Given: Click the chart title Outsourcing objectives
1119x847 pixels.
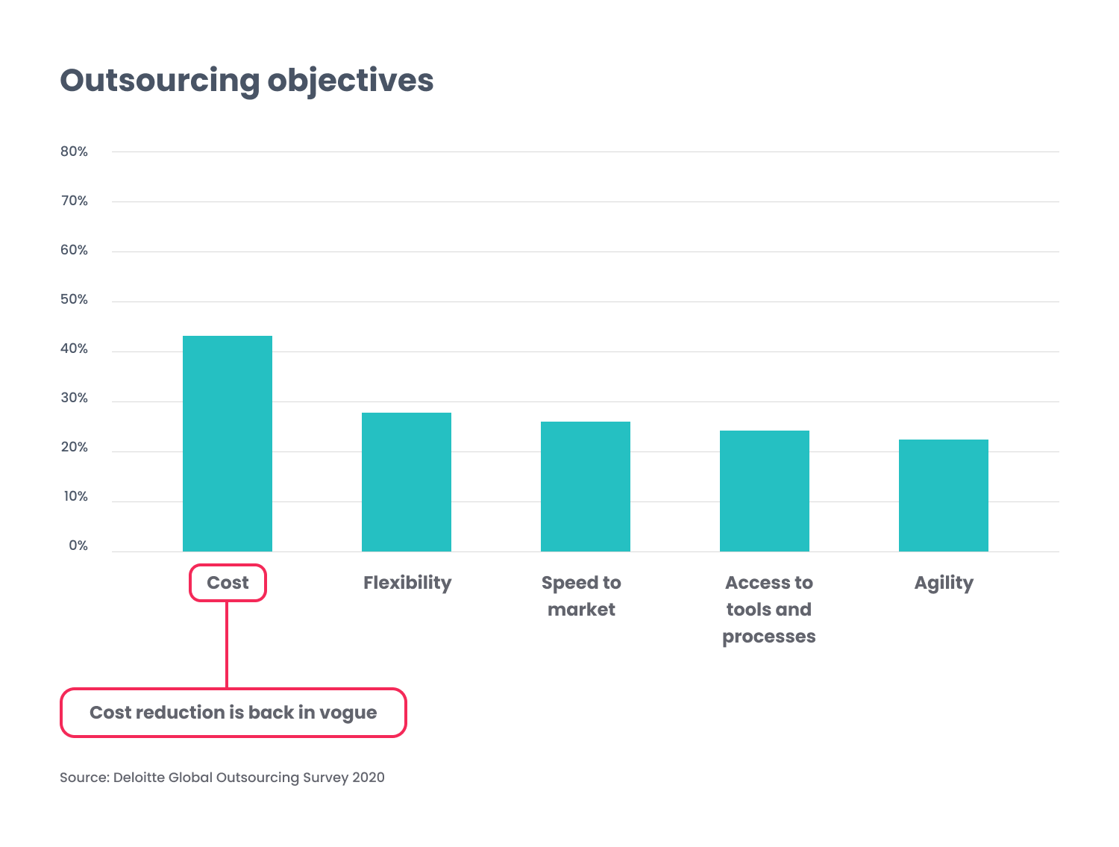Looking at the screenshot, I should [246, 81].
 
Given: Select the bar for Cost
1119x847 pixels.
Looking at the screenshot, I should [228, 443].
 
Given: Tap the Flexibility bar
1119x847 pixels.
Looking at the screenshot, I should [407, 482].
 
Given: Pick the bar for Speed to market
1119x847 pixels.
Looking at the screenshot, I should [586, 487].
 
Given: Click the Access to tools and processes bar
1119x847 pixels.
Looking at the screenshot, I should [765, 491].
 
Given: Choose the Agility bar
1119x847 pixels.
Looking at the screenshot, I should [944, 496].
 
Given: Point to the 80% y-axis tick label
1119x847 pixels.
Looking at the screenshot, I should [74, 151].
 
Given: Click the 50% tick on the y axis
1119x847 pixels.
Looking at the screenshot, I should [74, 299].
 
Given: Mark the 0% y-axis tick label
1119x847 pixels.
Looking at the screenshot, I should [78, 546].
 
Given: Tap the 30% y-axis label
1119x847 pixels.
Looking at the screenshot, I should [74, 398].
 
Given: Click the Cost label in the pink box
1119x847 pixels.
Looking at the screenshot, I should [228, 583].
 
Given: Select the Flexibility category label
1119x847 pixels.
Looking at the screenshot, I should [407, 583].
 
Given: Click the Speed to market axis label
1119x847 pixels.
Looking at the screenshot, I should [581, 596].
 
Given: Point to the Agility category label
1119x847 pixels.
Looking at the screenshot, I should [944, 583].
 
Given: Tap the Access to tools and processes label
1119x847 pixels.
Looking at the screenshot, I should [768, 610].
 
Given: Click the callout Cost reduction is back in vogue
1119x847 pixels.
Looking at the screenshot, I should [233, 713].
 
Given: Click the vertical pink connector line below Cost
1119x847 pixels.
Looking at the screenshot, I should [227, 645].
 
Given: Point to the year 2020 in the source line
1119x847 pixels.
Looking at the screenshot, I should [369, 778].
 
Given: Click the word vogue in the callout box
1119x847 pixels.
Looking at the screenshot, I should [348, 713].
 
